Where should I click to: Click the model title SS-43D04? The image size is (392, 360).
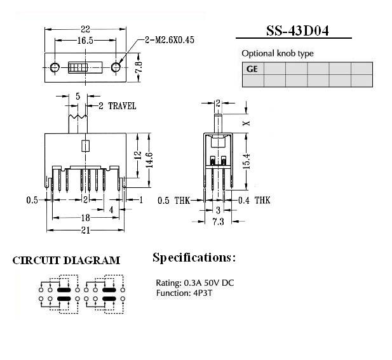tap(297, 30)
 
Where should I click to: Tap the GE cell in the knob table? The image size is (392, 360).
tap(252, 69)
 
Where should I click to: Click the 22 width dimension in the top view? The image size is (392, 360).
tap(85, 29)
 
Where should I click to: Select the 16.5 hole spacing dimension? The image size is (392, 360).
tap(85, 40)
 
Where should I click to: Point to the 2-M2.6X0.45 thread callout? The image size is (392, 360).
tap(170, 40)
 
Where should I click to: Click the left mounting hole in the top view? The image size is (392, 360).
tap(55, 67)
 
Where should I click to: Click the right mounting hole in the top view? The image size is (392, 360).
tap(116, 67)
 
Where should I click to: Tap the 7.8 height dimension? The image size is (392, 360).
tap(139, 67)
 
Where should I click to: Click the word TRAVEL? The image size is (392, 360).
tap(122, 106)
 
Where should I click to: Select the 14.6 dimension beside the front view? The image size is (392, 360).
tap(149, 160)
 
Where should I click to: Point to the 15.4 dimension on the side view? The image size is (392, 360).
tap(246, 161)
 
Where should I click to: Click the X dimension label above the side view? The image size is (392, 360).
tap(247, 123)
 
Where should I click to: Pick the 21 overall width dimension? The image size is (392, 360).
tap(86, 230)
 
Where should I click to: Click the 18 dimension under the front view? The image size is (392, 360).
tap(86, 218)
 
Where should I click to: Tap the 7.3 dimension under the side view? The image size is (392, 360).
tap(219, 222)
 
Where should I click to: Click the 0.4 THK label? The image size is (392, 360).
tap(254, 201)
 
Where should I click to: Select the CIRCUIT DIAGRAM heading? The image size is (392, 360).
tap(66, 260)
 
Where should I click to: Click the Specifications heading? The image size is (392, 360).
tap(194, 258)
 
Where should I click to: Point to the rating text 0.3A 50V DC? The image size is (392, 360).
tap(209, 283)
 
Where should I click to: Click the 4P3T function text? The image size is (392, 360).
tap(203, 293)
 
